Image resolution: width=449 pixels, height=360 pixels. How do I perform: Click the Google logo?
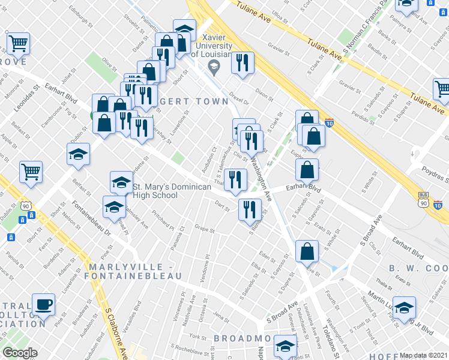pyautogui.click(x=20, y=352)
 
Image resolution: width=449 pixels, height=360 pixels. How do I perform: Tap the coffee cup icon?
pyautogui.click(x=43, y=304)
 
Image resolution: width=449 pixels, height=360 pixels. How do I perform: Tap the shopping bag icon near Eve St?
pyautogui.click(x=307, y=252)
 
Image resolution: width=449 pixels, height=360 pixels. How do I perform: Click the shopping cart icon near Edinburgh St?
pyautogui.click(x=19, y=43)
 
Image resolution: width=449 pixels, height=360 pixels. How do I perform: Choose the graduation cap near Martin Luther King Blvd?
pyautogui.click(x=404, y=308)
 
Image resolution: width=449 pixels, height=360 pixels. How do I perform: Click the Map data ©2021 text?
pyautogui.click(x=424, y=355)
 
